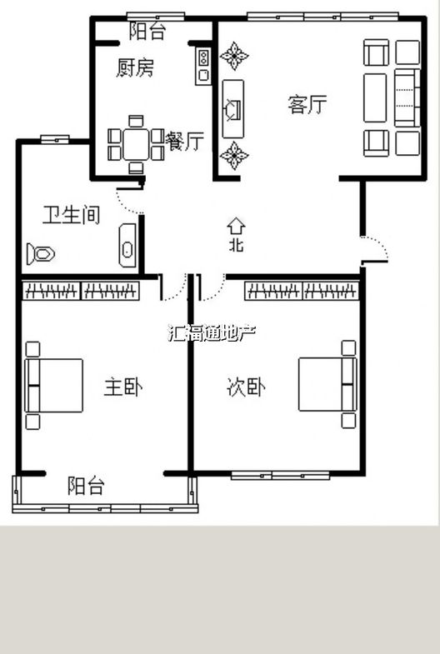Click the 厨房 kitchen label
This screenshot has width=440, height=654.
[135, 67]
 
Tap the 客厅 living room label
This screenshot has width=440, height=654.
[307, 104]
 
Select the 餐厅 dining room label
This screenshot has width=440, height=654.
[184, 141]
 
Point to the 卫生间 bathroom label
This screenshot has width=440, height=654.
[72, 215]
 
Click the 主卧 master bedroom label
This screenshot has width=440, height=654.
[123, 387]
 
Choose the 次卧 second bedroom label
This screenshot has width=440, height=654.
[246, 387]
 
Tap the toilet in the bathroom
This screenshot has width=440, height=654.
[41, 253]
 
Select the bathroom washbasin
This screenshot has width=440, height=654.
[127, 246]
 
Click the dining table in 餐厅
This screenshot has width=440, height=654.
[136, 144]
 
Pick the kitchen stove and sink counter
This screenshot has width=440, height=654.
[203, 66]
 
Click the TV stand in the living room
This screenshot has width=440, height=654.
[232, 109]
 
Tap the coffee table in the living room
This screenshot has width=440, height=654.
[375, 98]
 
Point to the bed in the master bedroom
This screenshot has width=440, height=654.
[54, 386]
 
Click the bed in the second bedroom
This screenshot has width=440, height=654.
[327, 385]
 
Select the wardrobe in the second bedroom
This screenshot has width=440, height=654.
[302, 290]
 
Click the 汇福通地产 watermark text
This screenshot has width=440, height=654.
[211, 333]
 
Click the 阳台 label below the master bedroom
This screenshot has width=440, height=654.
[87, 486]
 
